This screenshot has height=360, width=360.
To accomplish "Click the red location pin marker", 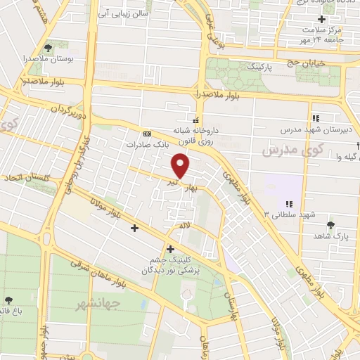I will pyautogui.click(x=181, y=166).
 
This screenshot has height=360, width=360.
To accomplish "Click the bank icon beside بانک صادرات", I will pyautogui.click(x=147, y=134).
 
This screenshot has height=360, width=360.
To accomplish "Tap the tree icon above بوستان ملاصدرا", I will pyautogui.click(x=48, y=48).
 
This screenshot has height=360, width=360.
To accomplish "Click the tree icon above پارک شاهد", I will pyautogui.click(x=330, y=225).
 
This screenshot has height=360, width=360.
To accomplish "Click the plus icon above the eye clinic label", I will pyautogui.click(x=170, y=248).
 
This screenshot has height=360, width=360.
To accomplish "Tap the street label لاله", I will pyautogui.click(x=184, y=226).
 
